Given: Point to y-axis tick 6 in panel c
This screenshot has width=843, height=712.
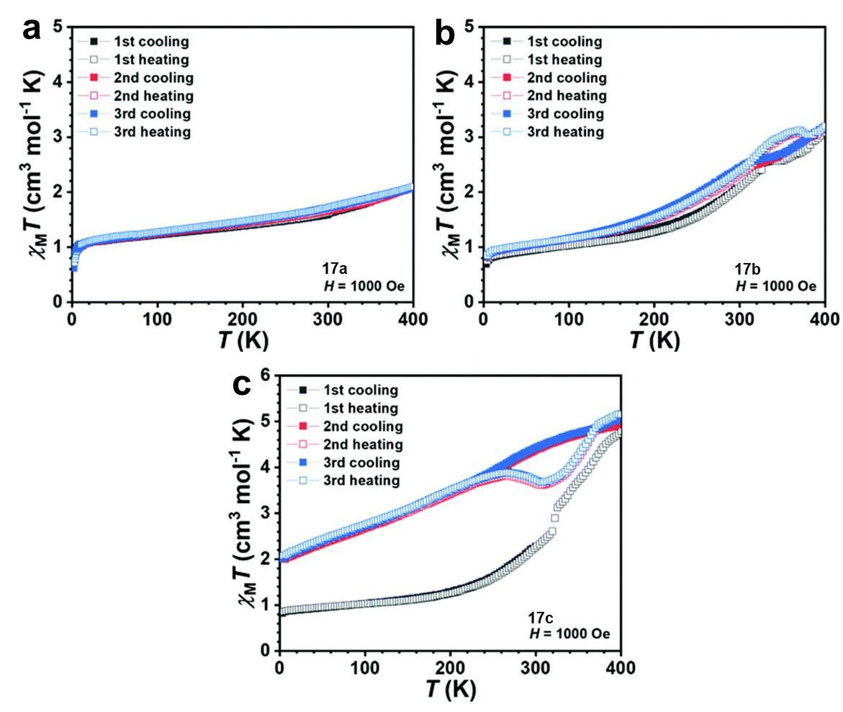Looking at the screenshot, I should coord(268,374).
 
